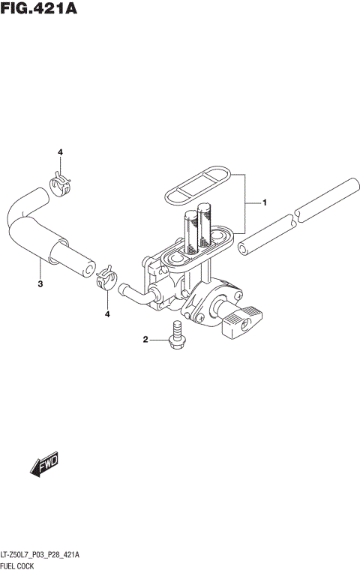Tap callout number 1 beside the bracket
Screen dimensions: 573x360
pyautogui.click(x=264, y=202)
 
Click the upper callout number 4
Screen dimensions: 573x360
pyautogui.click(x=61, y=152)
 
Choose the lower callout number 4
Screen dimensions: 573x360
pyautogui.click(x=107, y=313)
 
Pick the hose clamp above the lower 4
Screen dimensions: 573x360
pyautogui.click(x=106, y=278)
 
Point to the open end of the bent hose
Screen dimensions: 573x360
pyautogui.click(x=89, y=268)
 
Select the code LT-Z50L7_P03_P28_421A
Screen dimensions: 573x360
pyautogui.click(x=40, y=554)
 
